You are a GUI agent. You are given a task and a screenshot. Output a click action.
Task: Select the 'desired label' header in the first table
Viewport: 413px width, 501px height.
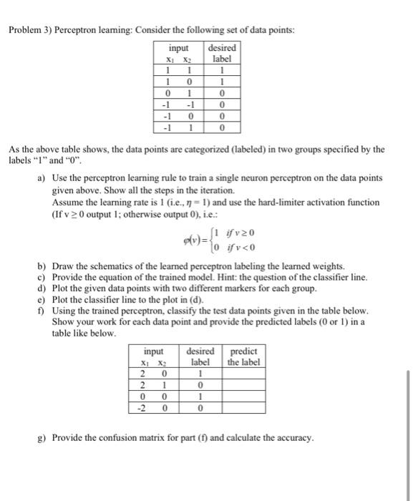(x=221, y=52)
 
